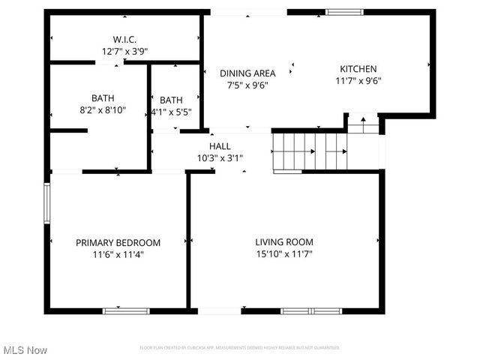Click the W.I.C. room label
point(124,39)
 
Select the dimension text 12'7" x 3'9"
point(124,52)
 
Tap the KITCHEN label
point(358,69)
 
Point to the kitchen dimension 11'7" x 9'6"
point(358,82)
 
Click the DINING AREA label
point(247,73)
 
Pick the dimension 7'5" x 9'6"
point(247,85)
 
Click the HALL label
point(220,146)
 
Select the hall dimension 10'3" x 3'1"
point(220,158)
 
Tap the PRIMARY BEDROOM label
point(118,242)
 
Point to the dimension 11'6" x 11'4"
point(118,254)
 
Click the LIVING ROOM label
point(284,242)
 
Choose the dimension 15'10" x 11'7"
point(284,254)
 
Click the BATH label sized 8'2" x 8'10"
point(103,98)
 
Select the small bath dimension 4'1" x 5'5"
point(172,112)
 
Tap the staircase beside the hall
point(308,152)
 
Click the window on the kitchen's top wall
point(344,12)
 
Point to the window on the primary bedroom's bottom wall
point(126,310)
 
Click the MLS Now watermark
point(25,350)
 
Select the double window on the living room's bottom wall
point(310,310)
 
